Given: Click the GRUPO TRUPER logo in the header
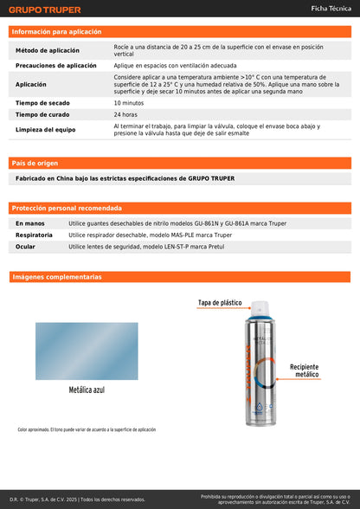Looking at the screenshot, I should coord(45,10).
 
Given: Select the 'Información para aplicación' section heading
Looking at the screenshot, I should coord(56,31).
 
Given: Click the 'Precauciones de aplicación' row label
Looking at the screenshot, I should coord(56,65).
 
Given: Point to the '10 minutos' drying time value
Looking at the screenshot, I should coord(129,103).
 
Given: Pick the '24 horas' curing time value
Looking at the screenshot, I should coord(125,114).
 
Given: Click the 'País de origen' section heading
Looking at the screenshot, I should coord(34,163).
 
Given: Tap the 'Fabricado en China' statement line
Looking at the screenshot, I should coord(125,178).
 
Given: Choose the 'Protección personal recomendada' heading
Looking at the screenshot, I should coord(66,208).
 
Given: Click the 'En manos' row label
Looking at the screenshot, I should coord(30,223).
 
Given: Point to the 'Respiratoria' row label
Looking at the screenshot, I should coord(35,235).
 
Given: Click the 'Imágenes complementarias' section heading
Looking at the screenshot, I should coord(56,277).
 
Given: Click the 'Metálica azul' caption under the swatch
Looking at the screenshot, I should coord(87,390).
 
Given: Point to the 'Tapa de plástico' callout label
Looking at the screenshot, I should coord(221,303).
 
